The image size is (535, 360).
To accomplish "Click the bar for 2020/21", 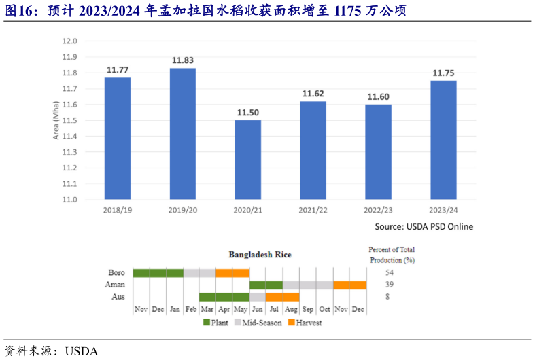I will pyautogui.click(x=248, y=160).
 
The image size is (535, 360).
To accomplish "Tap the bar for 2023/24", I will pyautogui.click(x=444, y=140).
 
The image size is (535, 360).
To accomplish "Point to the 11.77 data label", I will pyautogui.click(x=118, y=69).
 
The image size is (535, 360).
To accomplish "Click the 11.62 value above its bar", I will pyautogui.click(x=313, y=94).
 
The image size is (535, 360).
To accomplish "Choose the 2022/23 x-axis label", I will pyautogui.click(x=379, y=211).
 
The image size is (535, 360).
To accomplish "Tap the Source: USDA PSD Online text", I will pyautogui.click(x=424, y=226).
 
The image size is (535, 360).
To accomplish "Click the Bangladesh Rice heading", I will pyautogui.click(x=260, y=255).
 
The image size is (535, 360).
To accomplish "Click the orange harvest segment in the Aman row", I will pyautogui.click(x=350, y=285).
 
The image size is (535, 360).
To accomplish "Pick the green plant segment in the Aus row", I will pyautogui.click(x=224, y=298).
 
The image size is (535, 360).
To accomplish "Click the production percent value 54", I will pyautogui.click(x=390, y=272).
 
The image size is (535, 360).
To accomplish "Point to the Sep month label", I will pyautogui.click(x=308, y=309).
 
